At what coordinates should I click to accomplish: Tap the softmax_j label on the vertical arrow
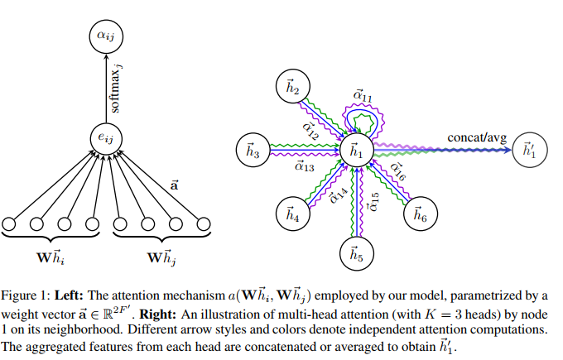tap(115, 88)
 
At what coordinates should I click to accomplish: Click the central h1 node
tap(357, 151)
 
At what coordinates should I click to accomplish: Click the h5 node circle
tap(357, 254)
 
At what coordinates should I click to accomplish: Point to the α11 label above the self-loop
tap(363, 98)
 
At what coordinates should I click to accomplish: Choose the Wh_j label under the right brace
tap(162, 257)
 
